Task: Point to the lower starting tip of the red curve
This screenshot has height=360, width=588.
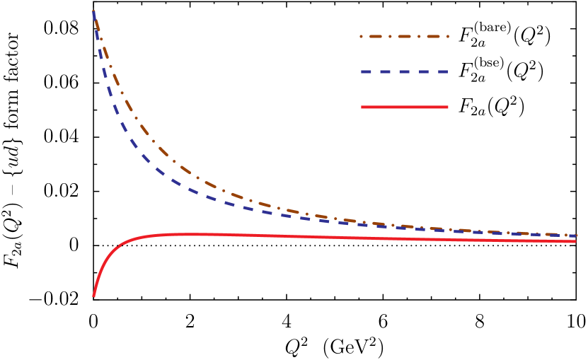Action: tap(93, 296)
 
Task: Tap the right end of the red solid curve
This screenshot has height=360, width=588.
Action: tap(575, 241)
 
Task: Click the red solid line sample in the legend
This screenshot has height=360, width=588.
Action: tap(404, 107)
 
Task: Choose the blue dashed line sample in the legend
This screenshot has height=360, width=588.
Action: tap(404, 71)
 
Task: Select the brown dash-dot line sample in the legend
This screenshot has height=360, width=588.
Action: tap(404, 36)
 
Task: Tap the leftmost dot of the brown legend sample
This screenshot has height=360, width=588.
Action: tap(361, 36)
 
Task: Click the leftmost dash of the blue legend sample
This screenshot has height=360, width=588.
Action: tap(367, 71)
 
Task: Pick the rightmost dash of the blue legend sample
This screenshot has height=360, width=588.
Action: tap(442, 71)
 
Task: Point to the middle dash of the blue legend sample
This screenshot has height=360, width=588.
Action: tap(405, 71)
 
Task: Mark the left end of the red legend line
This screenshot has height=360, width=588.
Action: tap(362, 107)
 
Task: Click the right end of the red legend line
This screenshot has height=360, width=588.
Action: tap(447, 107)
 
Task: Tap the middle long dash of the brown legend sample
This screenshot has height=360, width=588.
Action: tap(404, 36)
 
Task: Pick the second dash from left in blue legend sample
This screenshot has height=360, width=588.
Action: tap(386, 71)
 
